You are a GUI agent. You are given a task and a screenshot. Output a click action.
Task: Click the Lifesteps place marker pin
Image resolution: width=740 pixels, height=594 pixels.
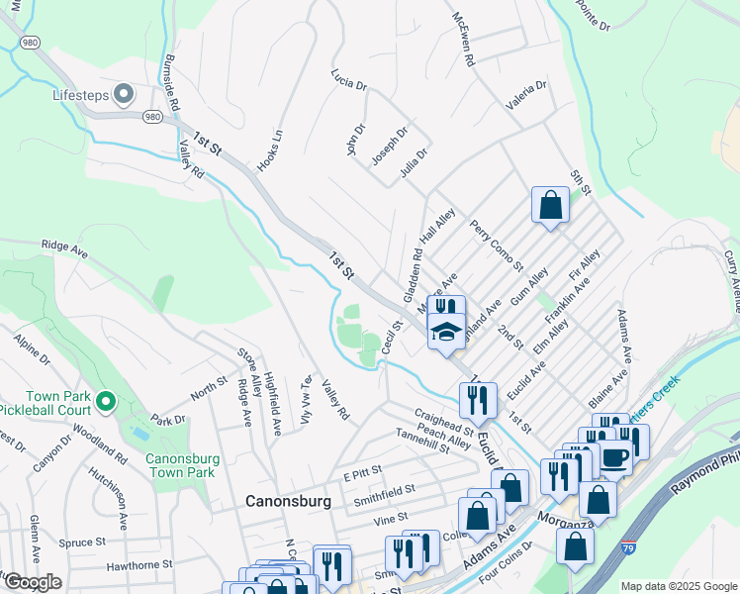click(x=124, y=95)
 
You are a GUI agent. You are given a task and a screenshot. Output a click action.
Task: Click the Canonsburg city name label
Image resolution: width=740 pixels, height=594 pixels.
click(x=288, y=502)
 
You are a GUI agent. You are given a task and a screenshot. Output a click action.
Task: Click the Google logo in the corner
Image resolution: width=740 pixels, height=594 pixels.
click(x=32, y=582)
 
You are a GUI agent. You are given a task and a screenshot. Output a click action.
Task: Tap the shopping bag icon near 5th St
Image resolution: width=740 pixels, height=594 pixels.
click(x=550, y=205)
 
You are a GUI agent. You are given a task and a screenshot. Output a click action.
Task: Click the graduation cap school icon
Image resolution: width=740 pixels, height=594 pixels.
click(x=447, y=332)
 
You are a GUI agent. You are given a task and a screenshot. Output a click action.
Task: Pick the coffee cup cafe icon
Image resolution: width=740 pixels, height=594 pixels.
click(x=614, y=457)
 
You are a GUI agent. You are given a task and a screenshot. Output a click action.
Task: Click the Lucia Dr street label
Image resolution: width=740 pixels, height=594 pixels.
click(x=348, y=75)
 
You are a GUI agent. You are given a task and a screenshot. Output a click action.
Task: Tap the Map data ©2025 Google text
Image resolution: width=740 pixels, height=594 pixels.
click(x=679, y=586)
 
